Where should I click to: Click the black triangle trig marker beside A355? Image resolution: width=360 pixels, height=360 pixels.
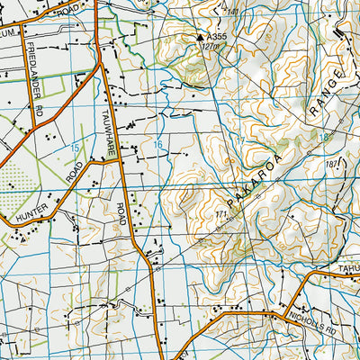[x=200, y=37]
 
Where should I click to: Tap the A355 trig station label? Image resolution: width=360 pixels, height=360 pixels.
[x=216, y=37]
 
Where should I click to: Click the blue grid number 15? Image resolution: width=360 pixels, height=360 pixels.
[x=76, y=146]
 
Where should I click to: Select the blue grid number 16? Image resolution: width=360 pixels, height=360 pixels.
[x=157, y=145]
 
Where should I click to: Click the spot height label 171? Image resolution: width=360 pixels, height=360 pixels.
[x=220, y=214]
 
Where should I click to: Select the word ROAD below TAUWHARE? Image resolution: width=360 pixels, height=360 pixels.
[x=121, y=215]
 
